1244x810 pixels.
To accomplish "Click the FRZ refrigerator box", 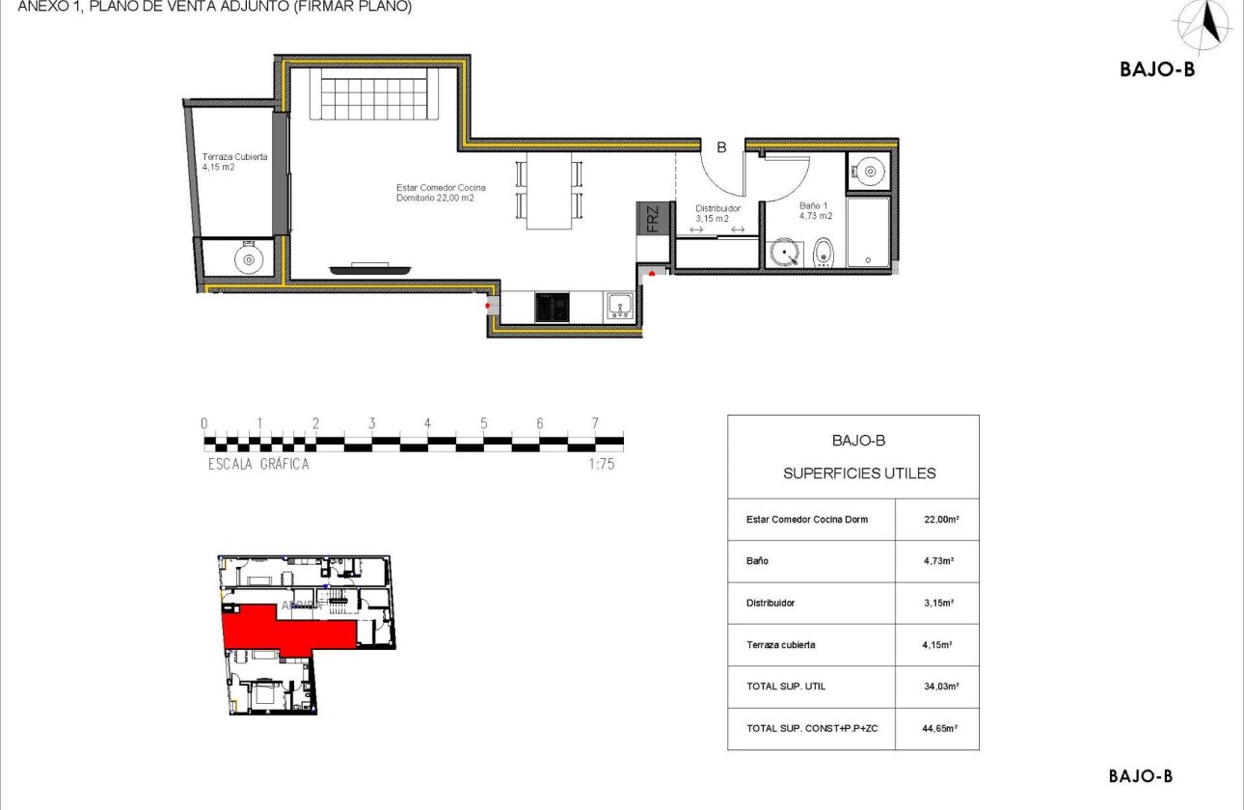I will coord(652,218).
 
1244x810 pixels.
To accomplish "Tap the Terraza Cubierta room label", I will coord(234,161).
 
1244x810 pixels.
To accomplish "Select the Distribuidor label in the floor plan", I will coord(717,212).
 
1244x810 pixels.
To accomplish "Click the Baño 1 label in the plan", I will coord(815,210).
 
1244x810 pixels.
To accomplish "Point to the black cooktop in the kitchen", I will coord(553,308).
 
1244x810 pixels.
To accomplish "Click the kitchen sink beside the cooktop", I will coord(619,307).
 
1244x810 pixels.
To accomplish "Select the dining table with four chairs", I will coord(549,190).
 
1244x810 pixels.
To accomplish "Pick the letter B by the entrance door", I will coord(720,148).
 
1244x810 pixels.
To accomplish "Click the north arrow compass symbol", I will coord(1205,25).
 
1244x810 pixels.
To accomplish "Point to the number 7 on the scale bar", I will coord(595,423).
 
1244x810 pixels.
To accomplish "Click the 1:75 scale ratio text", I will coord(601,464).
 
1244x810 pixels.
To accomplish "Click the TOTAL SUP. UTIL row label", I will coord(786,687).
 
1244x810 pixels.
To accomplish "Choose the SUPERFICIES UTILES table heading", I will coord(858,473).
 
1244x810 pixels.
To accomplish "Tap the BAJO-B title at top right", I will coord(1157,68).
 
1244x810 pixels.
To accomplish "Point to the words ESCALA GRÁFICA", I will coord(258,464).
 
